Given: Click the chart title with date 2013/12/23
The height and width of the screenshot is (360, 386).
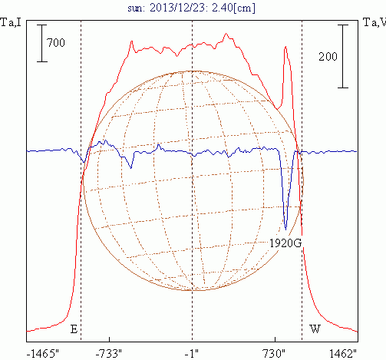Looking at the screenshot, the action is pyautogui.click(x=191, y=8).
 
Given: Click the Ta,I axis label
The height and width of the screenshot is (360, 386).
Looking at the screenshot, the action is pyautogui.click(x=11, y=22).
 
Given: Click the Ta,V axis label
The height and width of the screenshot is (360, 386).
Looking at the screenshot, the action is pyautogui.click(x=374, y=22).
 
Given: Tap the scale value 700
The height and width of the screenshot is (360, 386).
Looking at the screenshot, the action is pyautogui.click(x=56, y=42).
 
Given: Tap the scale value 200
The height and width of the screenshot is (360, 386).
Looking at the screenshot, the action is pyautogui.click(x=328, y=56).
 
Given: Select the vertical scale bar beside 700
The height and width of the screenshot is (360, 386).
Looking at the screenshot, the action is pyautogui.click(x=42, y=43).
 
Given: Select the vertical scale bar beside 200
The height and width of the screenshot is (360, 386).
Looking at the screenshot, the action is pyautogui.click(x=343, y=56).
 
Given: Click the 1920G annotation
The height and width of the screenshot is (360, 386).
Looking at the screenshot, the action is pyautogui.click(x=285, y=243).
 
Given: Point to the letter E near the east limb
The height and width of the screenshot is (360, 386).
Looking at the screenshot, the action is pyautogui.click(x=74, y=329).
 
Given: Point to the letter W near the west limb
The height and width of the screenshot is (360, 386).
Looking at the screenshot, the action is pyautogui.click(x=315, y=329).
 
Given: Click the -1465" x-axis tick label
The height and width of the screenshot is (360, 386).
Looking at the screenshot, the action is pyautogui.click(x=43, y=354).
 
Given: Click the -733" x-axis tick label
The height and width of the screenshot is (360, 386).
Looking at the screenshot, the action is pyautogui.click(x=109, y=354).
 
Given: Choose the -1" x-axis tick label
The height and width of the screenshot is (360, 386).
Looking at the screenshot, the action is pyautogui.click(x=192, y=354).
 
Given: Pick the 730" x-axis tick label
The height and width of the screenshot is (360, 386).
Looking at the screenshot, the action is pyautogui.click(x=274, y=354).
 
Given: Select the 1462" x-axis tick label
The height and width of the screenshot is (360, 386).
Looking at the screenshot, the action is pyautogui.click(x=343, y=354).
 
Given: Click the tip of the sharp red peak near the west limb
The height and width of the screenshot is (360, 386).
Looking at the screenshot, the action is pyautogui.click(x=285, y=47).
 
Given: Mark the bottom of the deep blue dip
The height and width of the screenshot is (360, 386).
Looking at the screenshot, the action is pyautogui.click(x=286, y=230).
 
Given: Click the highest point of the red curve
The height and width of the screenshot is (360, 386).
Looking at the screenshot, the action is pyautogui.click(x=226, y=33).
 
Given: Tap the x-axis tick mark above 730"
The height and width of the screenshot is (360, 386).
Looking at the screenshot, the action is pyautogui.click(x=275, y=339).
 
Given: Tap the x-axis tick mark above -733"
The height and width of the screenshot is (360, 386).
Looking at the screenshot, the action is pyautogui.click(x=109, y=339).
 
